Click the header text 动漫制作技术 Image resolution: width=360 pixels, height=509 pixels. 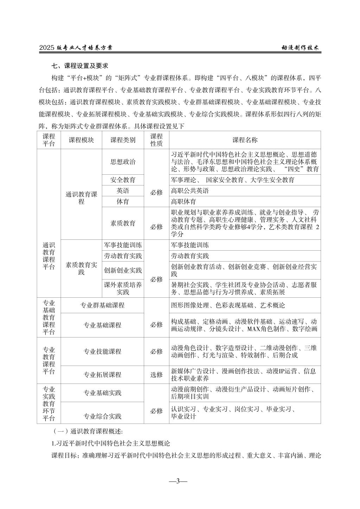click(x=300, y=48)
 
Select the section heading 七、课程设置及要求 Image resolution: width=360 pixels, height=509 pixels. click(x=80, y=66)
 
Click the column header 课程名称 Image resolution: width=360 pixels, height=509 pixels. click(x=245, y=140)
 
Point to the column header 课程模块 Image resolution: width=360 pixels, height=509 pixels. click(x=81, y=140)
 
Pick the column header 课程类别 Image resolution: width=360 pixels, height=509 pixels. click(x=123, y=140)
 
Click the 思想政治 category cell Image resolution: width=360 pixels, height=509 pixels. click(x=123, y=162)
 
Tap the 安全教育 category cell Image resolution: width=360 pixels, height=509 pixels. click(x=123, y=180)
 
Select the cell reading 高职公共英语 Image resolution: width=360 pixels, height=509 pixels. click(x=190, y=191)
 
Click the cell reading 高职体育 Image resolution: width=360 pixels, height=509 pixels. click(x=184, y=202)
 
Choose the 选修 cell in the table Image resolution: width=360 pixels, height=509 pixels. click(x=156, y=375)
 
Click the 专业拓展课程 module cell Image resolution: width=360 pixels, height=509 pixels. click(x=102, y=375)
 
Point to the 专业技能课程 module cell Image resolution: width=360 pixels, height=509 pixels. click(x=102, y=352)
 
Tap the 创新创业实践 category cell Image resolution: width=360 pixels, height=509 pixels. click(x=123, y=270)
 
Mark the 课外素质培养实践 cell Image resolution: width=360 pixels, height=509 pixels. click(x=123, y=288)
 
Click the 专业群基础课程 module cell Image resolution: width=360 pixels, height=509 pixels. click(x=102, y=305)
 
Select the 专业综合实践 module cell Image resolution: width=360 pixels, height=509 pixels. click(x=102, y=417)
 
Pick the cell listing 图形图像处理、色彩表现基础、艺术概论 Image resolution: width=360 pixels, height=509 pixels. click(x=228, y=305)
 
